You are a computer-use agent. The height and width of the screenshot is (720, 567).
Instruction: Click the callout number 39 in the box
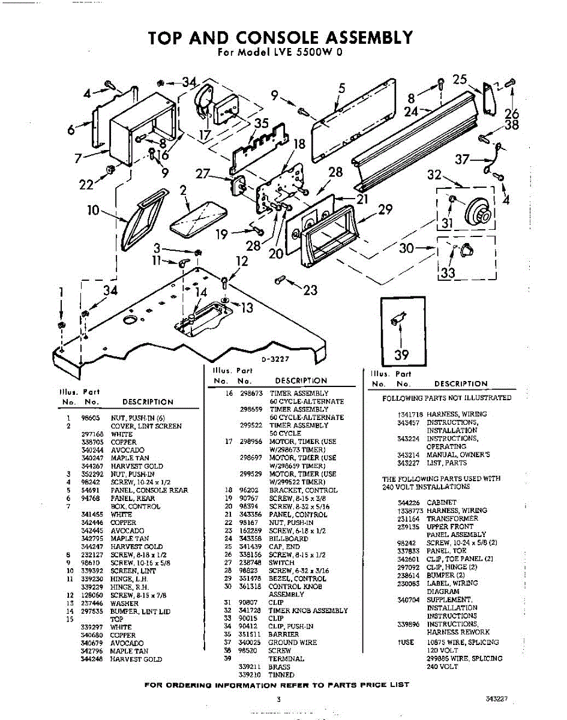coord(401,355)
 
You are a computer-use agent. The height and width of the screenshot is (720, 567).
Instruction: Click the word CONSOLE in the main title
coord(265,38)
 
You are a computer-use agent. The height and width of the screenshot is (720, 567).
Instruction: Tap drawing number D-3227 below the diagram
coord(275,359)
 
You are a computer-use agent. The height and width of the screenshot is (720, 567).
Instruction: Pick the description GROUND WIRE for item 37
coord(293,642)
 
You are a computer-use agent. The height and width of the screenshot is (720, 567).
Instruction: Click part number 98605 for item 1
coord(91,418)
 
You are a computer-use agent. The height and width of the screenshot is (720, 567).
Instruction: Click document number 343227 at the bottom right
coord(497,699)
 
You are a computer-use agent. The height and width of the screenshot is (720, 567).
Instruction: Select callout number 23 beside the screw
coord(310,290)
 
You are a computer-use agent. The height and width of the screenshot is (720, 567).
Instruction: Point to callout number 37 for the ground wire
coord(463,159)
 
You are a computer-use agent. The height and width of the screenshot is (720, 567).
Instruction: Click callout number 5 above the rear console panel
coord(341,88)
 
